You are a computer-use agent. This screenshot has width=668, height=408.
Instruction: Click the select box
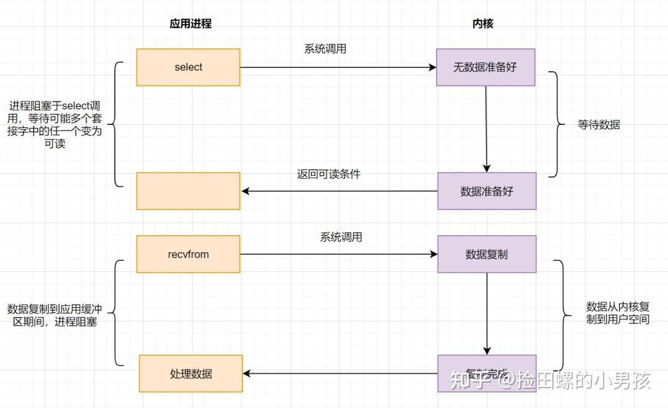click(188, 67)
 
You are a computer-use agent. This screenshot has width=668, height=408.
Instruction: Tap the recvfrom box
click(188, 254)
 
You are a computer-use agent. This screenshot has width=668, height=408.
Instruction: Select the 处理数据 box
click(191, 373)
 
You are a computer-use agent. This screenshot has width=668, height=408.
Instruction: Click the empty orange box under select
click(188, 191)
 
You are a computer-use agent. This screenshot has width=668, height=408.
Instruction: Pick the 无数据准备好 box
click(486, 67)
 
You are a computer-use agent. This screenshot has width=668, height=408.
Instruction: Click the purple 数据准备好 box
click(486, 191)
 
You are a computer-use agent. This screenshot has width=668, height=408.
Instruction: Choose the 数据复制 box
click(486, 254)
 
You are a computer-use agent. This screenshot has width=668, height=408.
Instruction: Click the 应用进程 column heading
click(191, 24)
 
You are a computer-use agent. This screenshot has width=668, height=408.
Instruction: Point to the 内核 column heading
click(482, 24)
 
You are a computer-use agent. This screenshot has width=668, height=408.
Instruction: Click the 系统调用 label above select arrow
click(325, 49)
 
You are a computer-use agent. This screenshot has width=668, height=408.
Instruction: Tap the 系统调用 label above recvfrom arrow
click(341, 237)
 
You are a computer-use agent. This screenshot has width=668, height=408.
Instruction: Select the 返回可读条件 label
click(328, 174)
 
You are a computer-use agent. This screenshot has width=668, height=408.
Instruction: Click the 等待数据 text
click(598, 124)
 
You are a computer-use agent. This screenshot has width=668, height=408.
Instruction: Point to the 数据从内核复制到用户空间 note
click(617, 313)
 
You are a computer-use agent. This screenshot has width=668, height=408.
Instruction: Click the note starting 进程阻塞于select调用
click(56, 124)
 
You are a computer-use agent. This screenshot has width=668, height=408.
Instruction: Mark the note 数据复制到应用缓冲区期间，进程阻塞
click(54, 315)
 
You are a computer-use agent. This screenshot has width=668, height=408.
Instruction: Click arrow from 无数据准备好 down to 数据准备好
click(486, 129)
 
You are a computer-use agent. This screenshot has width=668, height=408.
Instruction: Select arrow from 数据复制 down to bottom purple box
click(487, 313)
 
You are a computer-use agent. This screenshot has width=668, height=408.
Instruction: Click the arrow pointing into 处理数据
click(340, 373)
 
